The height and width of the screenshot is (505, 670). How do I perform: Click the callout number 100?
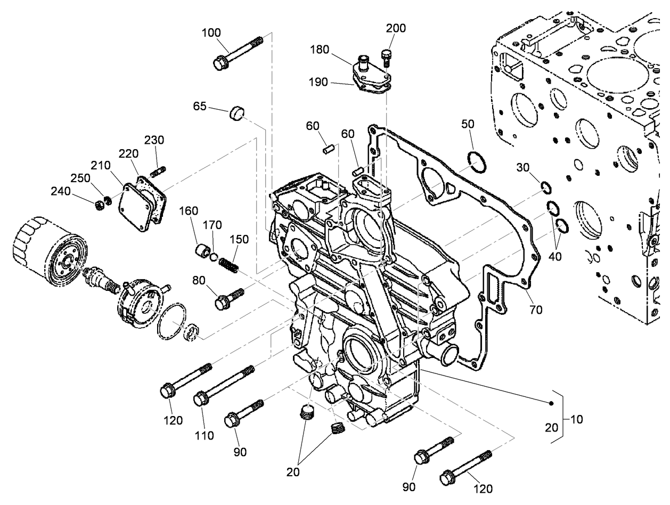coord(211,32)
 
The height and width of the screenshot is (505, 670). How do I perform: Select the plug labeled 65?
coord(238,113)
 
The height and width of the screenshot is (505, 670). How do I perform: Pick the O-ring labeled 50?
coord(476,161)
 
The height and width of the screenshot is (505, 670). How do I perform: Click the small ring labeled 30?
coord(546,187)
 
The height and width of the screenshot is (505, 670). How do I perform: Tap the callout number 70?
coord(536,309)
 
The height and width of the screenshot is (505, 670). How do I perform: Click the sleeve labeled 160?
coord(202,250)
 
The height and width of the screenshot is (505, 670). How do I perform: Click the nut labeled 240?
coord(99,205)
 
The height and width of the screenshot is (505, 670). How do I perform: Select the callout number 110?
coord(204,436)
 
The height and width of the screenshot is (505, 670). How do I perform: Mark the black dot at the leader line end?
coord(552,403)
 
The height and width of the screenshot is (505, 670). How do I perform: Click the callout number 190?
coord(318,82)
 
